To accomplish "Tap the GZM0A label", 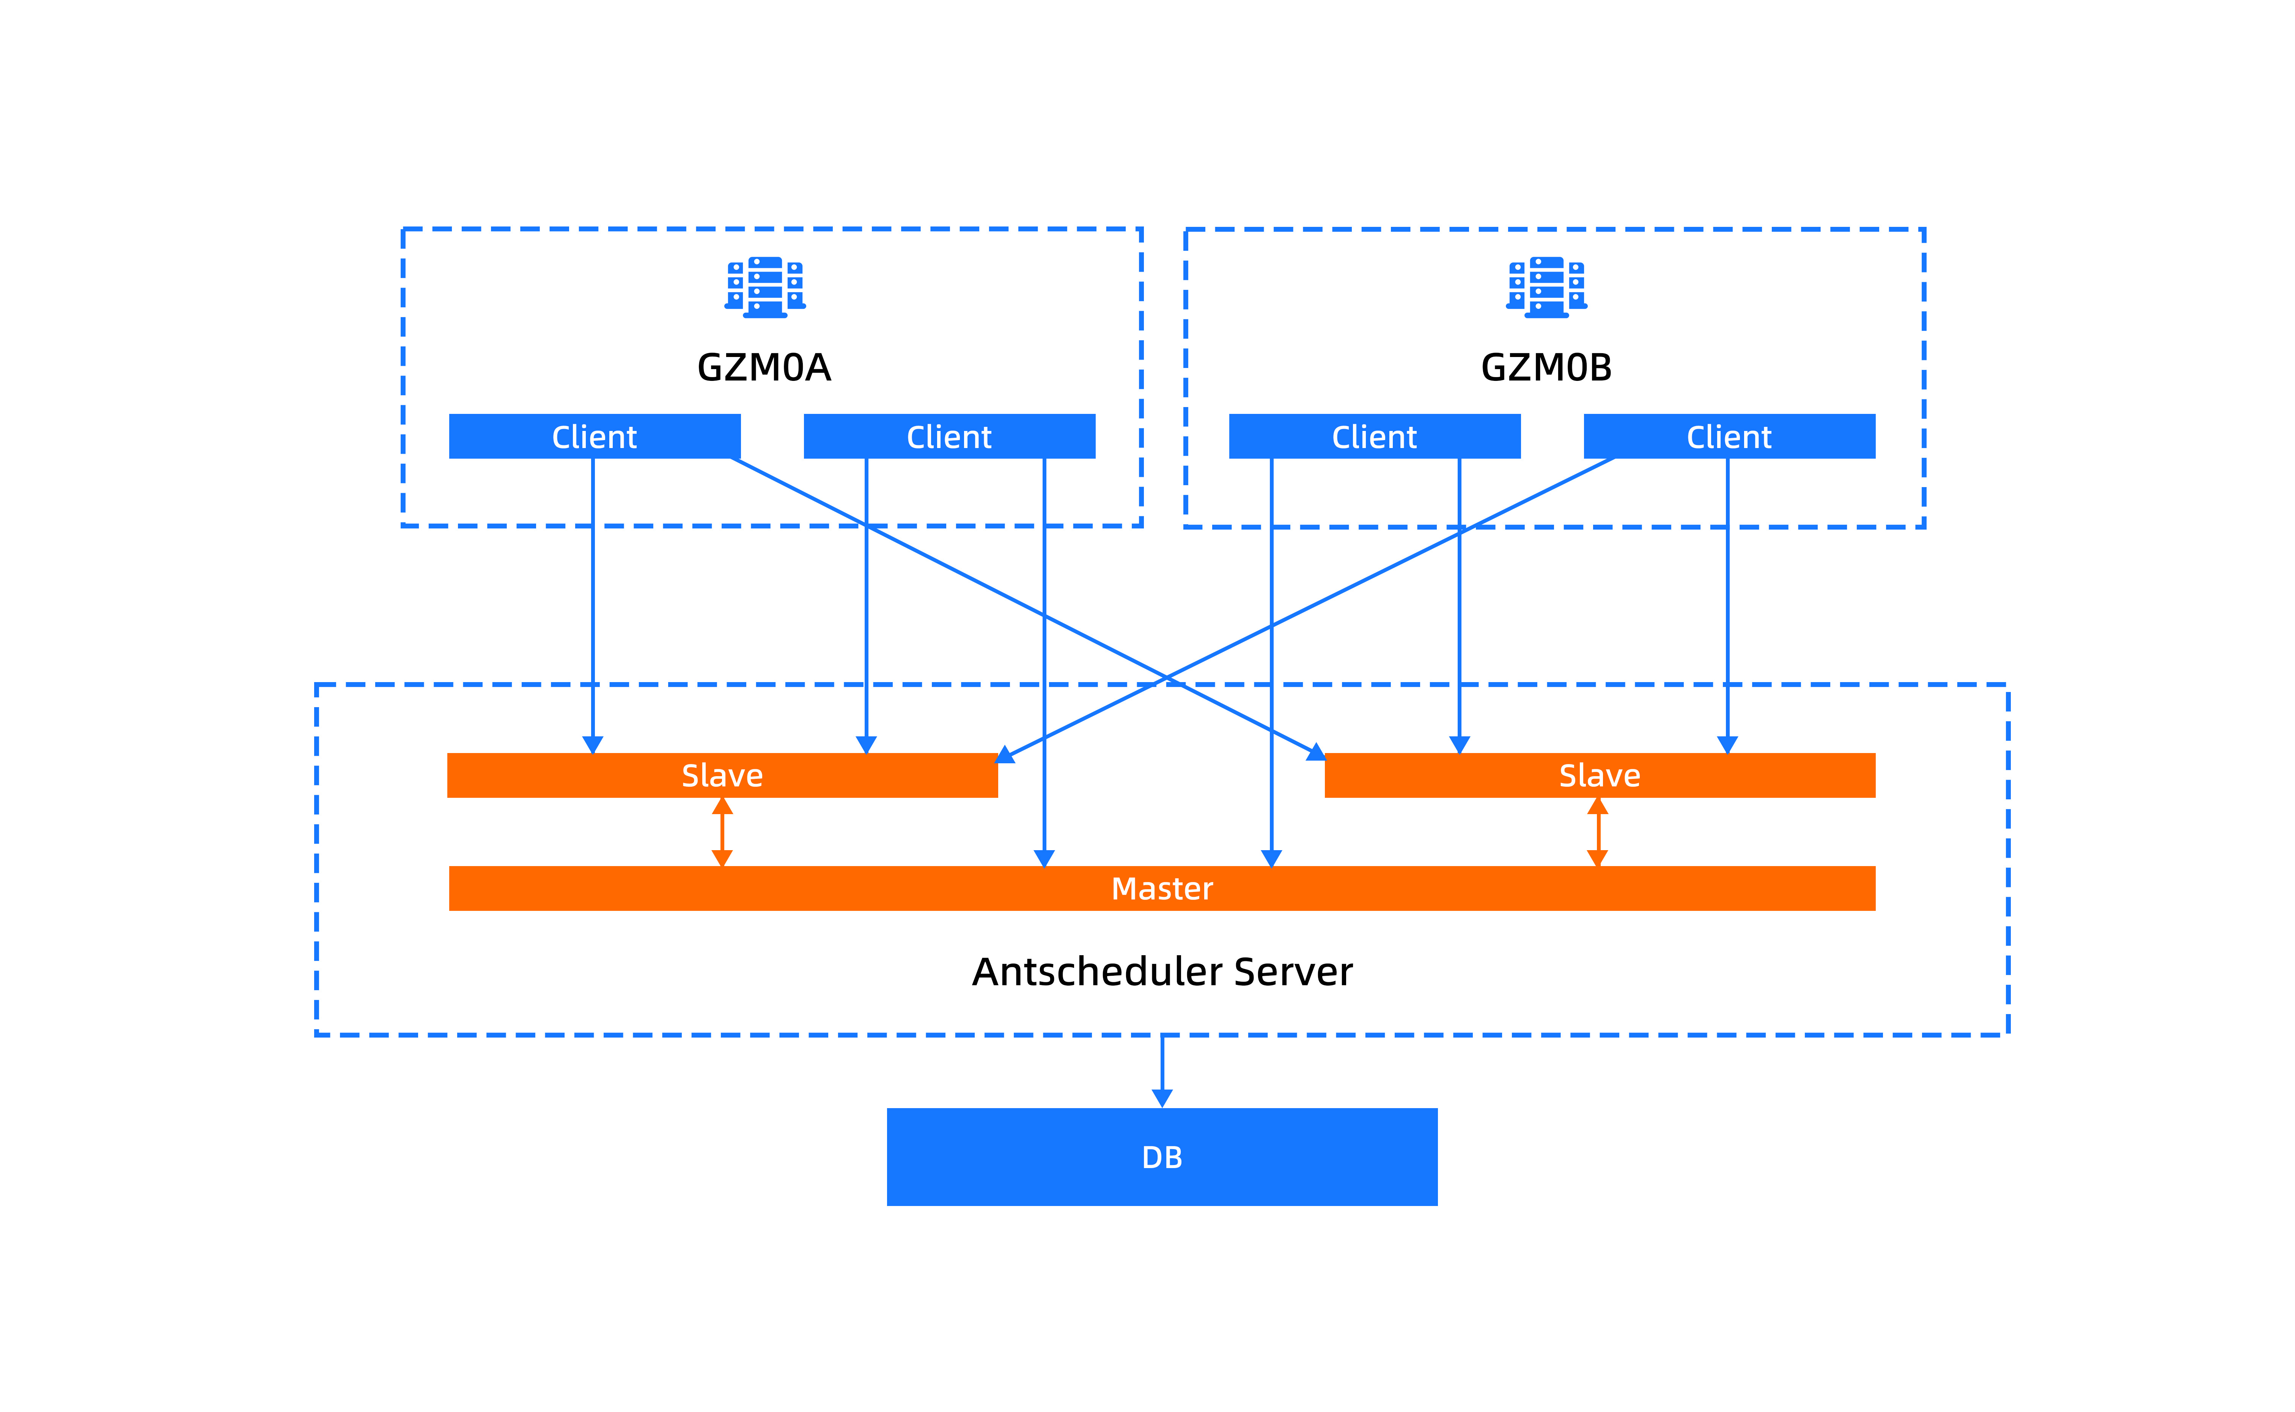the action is click(764, 367).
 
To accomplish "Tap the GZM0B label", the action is click(1546, 367).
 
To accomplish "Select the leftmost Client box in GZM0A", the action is click(595, 436).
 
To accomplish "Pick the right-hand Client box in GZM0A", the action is click(950, 436).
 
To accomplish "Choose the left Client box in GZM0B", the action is click(1375, 436).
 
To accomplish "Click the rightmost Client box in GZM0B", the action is click(1729, 436).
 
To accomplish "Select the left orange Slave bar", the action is click(723, 775).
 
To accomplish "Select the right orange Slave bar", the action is click(1600, 775).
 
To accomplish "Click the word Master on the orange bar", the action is click(1162, 888).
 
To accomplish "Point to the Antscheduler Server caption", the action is click(1162, 971).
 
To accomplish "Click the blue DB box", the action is click(1162, 1157).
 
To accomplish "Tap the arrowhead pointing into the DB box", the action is click(1162, 1098).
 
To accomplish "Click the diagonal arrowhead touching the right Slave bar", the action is click(1317, 752).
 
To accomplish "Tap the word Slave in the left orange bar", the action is click(723, 775).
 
